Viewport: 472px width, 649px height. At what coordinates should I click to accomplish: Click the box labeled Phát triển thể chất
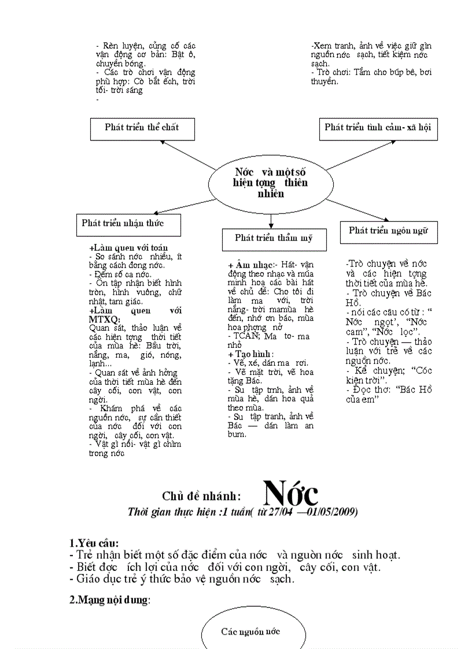coord(142,128)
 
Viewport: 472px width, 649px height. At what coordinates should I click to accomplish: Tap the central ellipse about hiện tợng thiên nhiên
coord(271,183)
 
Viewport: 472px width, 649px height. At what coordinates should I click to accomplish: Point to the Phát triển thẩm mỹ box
coord(274,238)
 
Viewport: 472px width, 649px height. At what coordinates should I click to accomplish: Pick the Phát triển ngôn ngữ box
coord(388,231)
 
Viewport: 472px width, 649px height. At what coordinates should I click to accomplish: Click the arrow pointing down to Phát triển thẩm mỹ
coord(271,221)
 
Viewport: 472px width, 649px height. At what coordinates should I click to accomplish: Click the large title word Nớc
coord(291,493)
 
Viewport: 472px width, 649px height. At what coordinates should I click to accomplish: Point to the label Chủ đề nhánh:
coord(201,496)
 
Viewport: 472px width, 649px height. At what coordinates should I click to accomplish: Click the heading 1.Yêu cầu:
coord(94,543)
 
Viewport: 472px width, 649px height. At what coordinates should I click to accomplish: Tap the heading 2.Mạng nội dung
coord(110,600)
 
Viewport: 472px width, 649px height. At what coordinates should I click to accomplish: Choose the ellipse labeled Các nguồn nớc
coord(250,631)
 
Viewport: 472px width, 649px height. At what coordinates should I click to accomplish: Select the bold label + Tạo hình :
coord(250,354)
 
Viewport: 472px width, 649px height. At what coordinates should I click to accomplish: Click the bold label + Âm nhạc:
coord(250,265)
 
